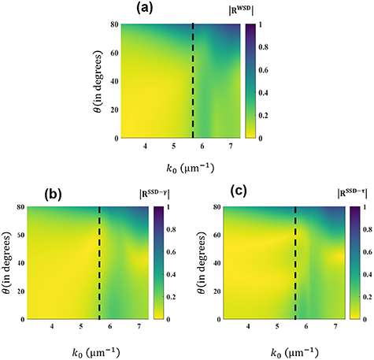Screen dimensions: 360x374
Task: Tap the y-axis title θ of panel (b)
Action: click(x=9, y=263)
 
